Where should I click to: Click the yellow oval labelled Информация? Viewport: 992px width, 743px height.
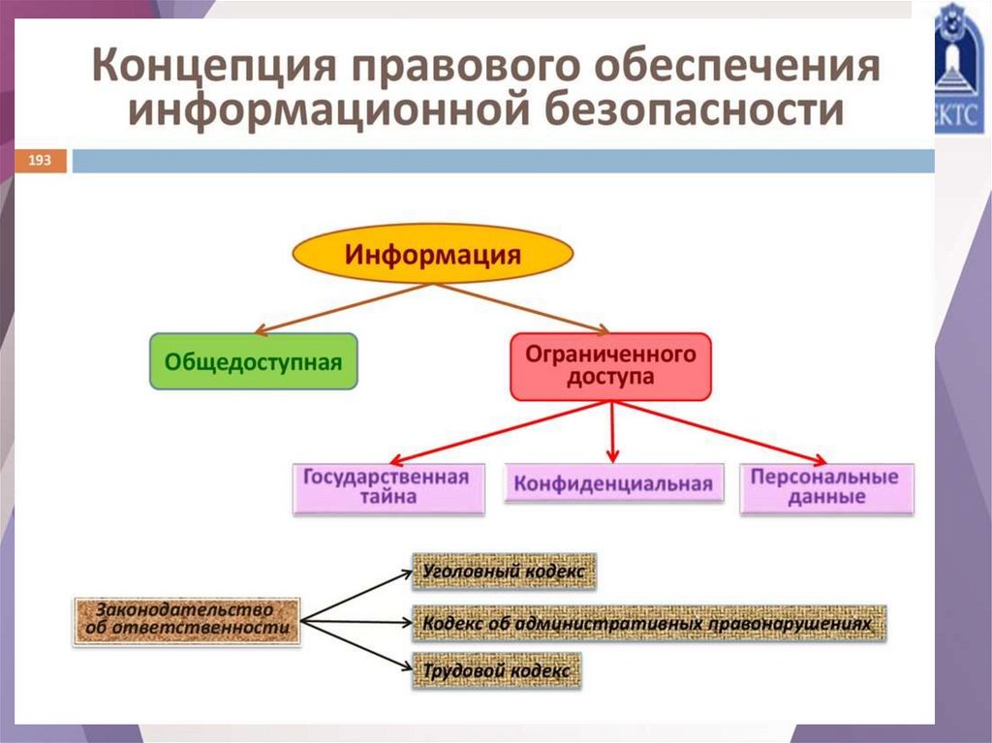coord(433,255)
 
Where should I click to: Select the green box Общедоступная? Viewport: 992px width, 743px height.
coord(254,361)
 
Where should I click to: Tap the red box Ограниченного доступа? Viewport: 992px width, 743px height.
coord(610,366)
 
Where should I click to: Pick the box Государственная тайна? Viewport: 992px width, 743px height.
coord(387,487)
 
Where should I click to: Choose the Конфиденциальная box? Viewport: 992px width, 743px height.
coord(613,483)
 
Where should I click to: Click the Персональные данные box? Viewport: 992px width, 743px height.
coord(825,487)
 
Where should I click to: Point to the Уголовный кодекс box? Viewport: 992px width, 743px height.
coord(504,572)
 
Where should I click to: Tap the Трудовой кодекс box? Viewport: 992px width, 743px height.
coord(497,670)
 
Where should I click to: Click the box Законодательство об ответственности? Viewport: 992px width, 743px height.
coord(187,619)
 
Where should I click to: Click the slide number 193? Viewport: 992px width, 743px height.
coord(41,160)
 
